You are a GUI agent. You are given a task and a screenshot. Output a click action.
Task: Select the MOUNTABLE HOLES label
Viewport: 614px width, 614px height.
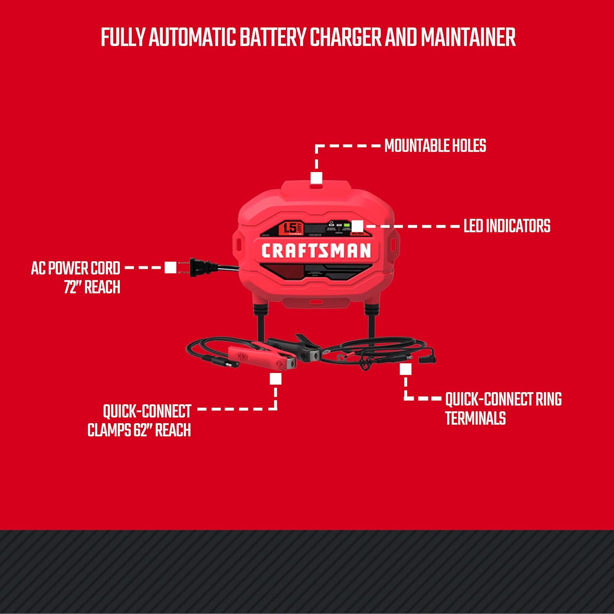point(435,146)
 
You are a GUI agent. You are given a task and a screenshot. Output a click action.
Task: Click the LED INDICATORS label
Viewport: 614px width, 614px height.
point(507,226)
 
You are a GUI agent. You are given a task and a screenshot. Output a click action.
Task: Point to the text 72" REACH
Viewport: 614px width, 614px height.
point(92,287)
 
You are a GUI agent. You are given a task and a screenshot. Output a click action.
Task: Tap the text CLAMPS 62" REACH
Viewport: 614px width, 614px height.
point(139,430)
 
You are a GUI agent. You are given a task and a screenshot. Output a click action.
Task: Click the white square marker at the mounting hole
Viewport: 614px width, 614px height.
point(316,178)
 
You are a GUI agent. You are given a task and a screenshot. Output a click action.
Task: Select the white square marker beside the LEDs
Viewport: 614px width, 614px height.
point(357,226)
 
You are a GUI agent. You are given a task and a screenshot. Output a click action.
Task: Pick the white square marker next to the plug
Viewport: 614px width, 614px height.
point(170,268)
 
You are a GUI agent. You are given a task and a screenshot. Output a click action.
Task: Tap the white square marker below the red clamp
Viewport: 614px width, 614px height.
point(275,379)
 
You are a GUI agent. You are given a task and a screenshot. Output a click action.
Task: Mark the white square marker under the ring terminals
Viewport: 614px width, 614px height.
point(406,370)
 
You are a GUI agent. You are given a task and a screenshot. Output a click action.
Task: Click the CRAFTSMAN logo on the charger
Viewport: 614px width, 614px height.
point(316,251)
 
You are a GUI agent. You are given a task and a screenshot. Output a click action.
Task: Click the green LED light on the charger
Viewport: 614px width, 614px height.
point(347,225)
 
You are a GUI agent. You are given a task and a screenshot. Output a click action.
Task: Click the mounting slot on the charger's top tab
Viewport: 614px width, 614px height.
point(316,186)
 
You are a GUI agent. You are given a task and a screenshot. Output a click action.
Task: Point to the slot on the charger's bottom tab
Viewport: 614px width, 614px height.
point(316,302)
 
